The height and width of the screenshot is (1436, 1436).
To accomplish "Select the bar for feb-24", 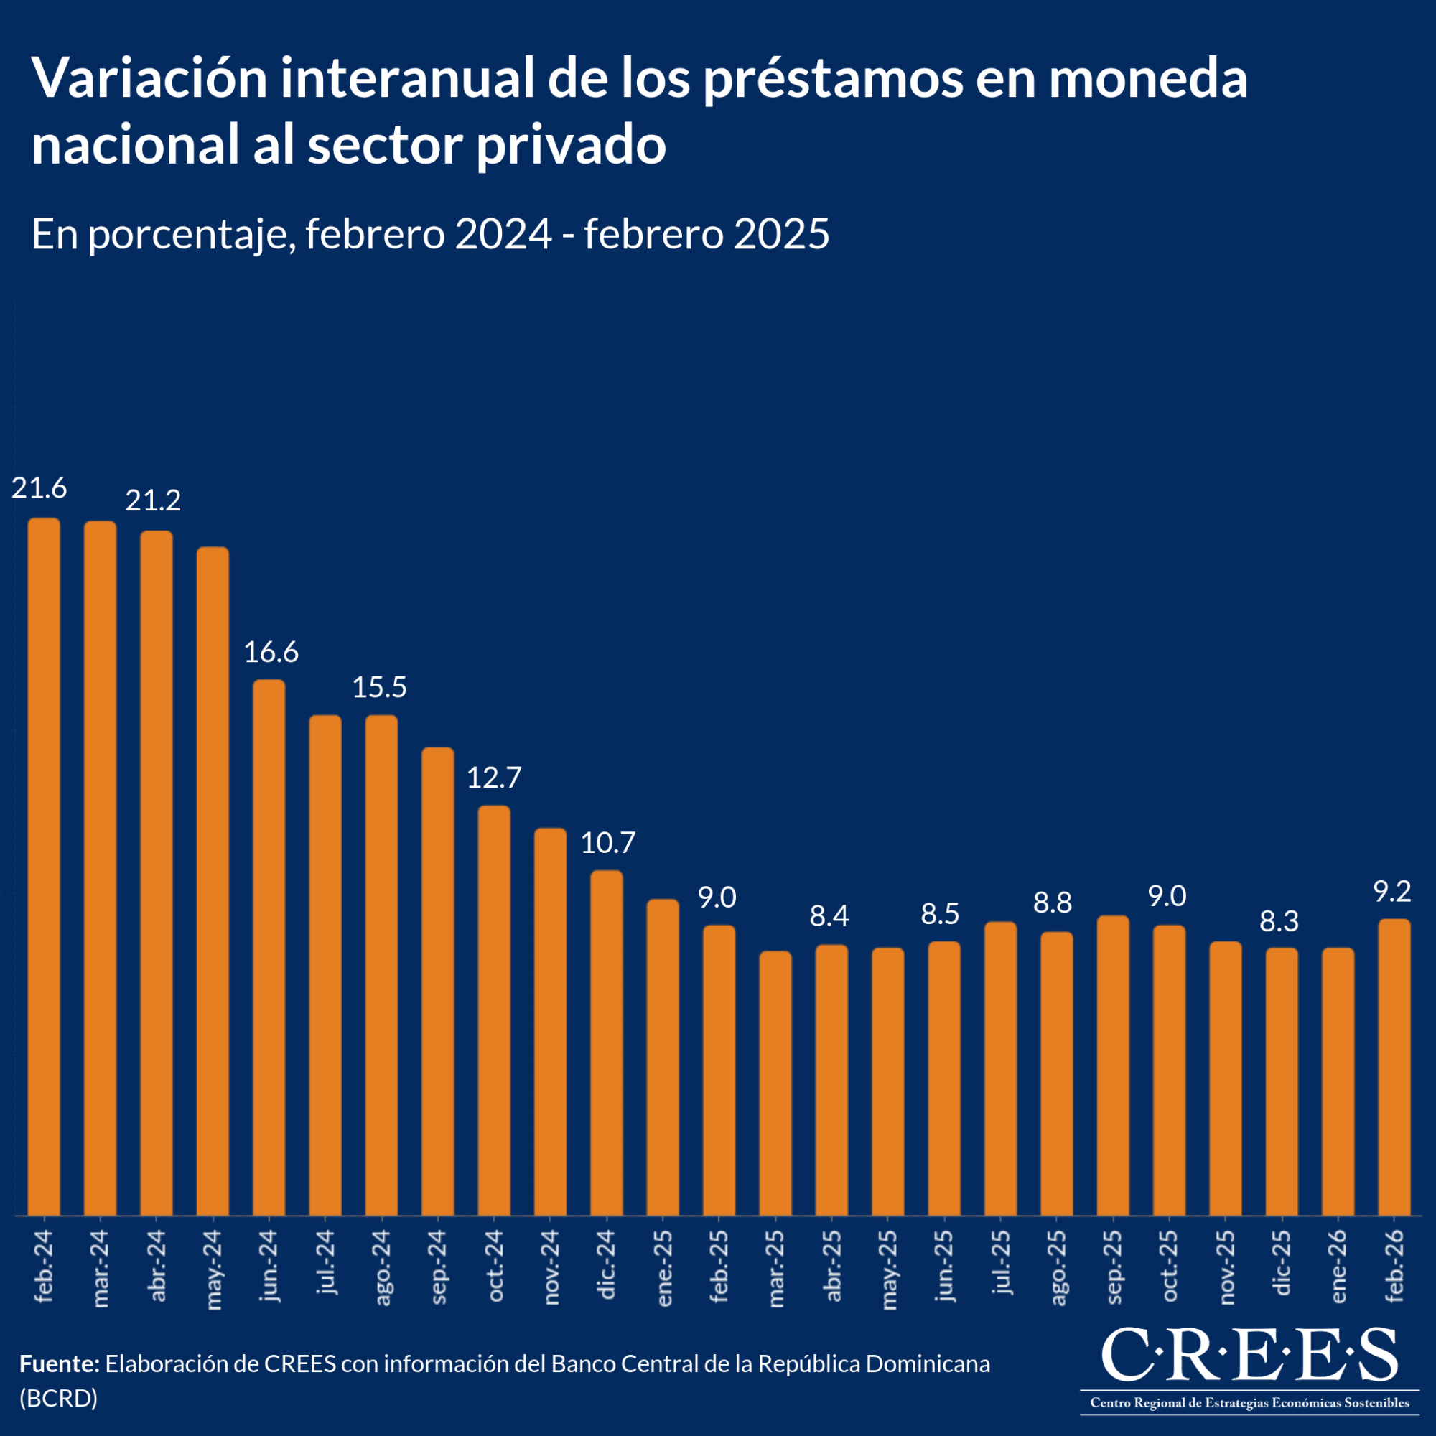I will (44, 866).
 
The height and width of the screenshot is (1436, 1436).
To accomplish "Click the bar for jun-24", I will (269, 947).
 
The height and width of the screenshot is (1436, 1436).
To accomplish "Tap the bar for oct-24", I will (494, 1010).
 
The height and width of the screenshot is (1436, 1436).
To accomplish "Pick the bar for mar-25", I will (775, 1083).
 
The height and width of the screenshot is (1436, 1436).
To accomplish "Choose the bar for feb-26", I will (1394, 1067).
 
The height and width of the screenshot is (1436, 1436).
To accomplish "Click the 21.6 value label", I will (39, 488).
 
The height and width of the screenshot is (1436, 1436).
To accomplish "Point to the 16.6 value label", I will (271, 653).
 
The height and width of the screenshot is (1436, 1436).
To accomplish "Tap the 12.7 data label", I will (494, 778).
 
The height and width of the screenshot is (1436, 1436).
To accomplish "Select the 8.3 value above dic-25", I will (1279, 922).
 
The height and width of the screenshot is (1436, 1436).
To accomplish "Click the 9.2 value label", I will (1392, 892).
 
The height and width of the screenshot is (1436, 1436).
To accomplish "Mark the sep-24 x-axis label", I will (438, 1267).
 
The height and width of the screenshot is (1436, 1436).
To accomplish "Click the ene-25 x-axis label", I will (663, 1267).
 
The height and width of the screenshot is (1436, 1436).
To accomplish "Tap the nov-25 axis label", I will (1226, 1267).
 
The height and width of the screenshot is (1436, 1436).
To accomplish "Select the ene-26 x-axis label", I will (1338, 1267).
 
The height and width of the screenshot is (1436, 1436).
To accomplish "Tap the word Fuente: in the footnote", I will (60, 1364).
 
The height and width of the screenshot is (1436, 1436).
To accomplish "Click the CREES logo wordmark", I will (1249, 1354).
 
